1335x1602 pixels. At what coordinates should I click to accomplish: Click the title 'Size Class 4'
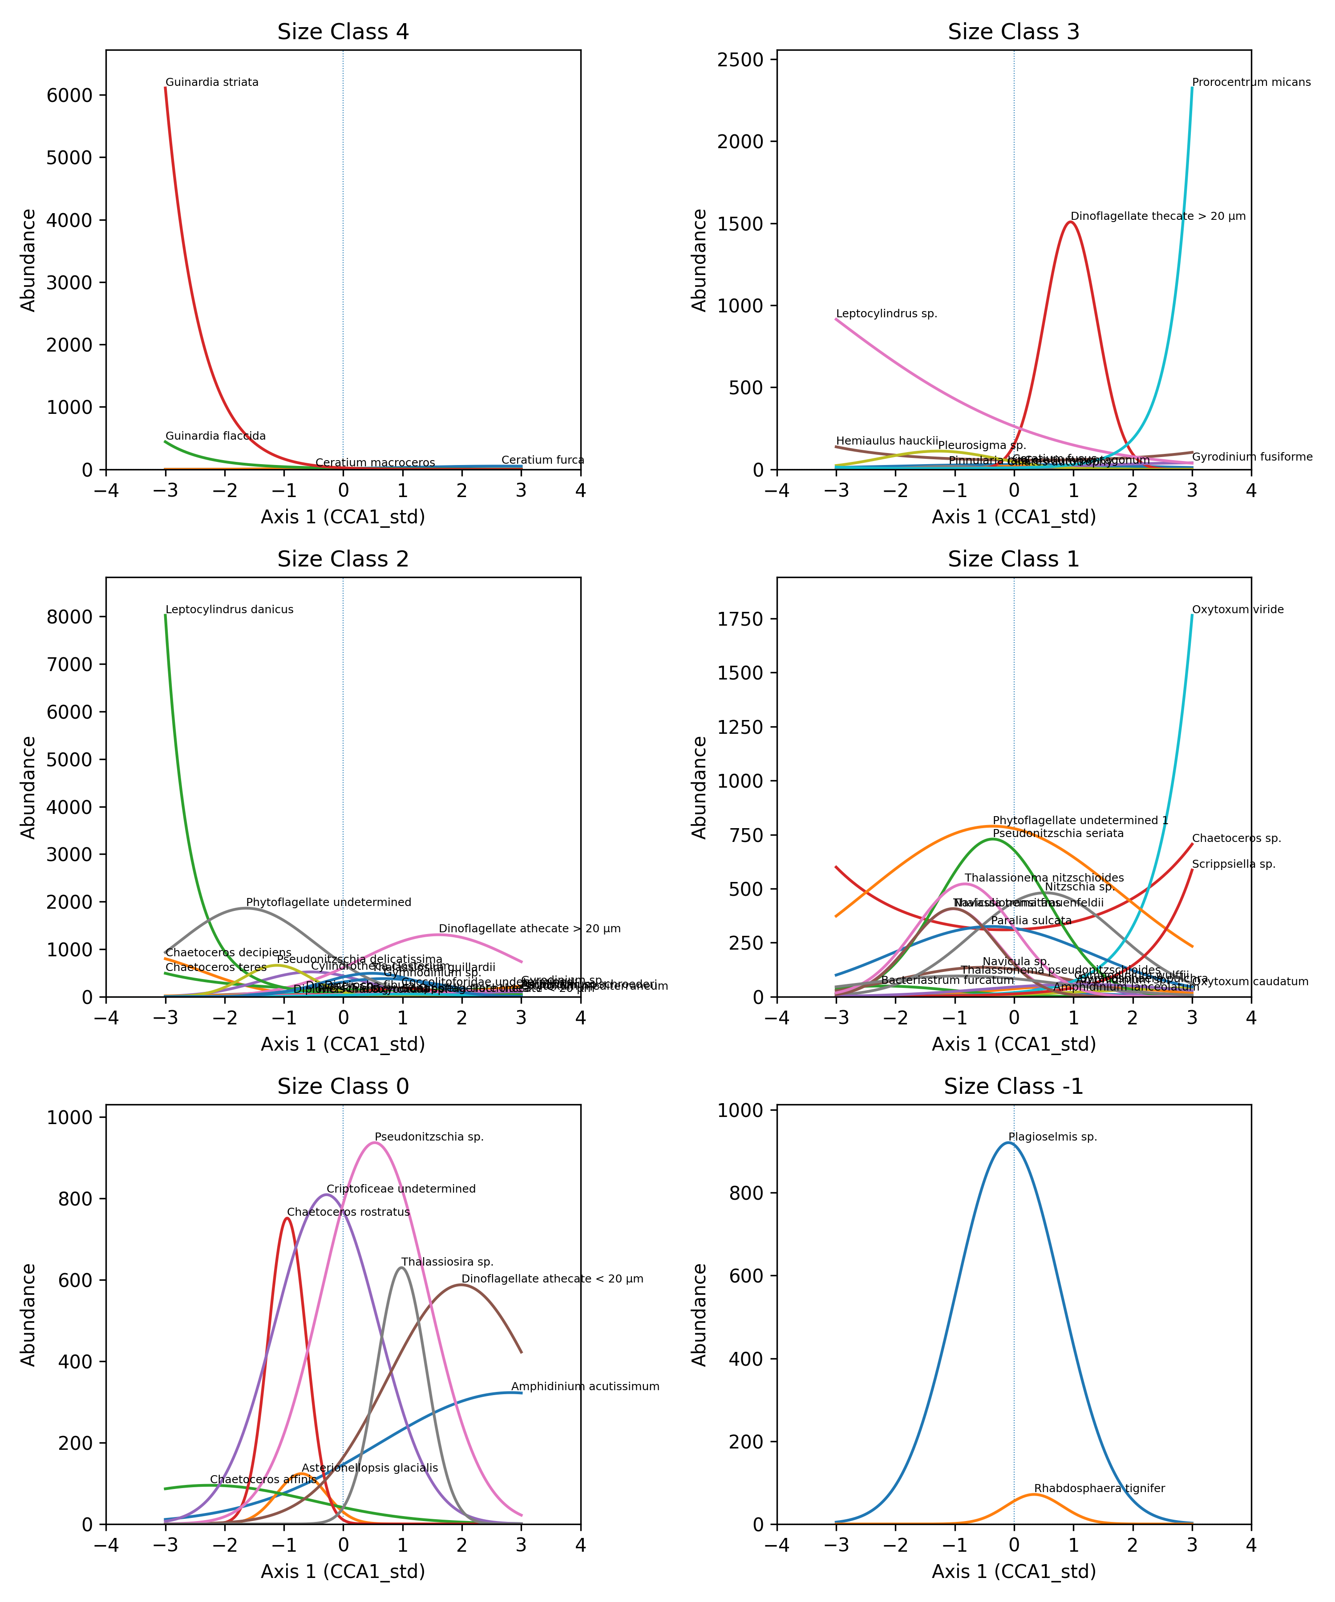click(343, 32)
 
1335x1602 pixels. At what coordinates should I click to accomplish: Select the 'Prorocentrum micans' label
click(1251, 82)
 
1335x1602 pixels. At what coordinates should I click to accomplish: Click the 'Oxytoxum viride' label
click(1238, 610)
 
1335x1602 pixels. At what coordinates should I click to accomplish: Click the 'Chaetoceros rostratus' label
click(348, 1212)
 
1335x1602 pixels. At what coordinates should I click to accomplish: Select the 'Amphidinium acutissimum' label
click(585, 1387)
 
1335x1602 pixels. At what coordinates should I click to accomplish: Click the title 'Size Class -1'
click(1013, 1086)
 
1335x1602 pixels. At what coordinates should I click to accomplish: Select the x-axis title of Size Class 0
click(343, 1571)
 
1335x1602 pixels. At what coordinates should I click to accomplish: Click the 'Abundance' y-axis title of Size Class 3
click(699, 260)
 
